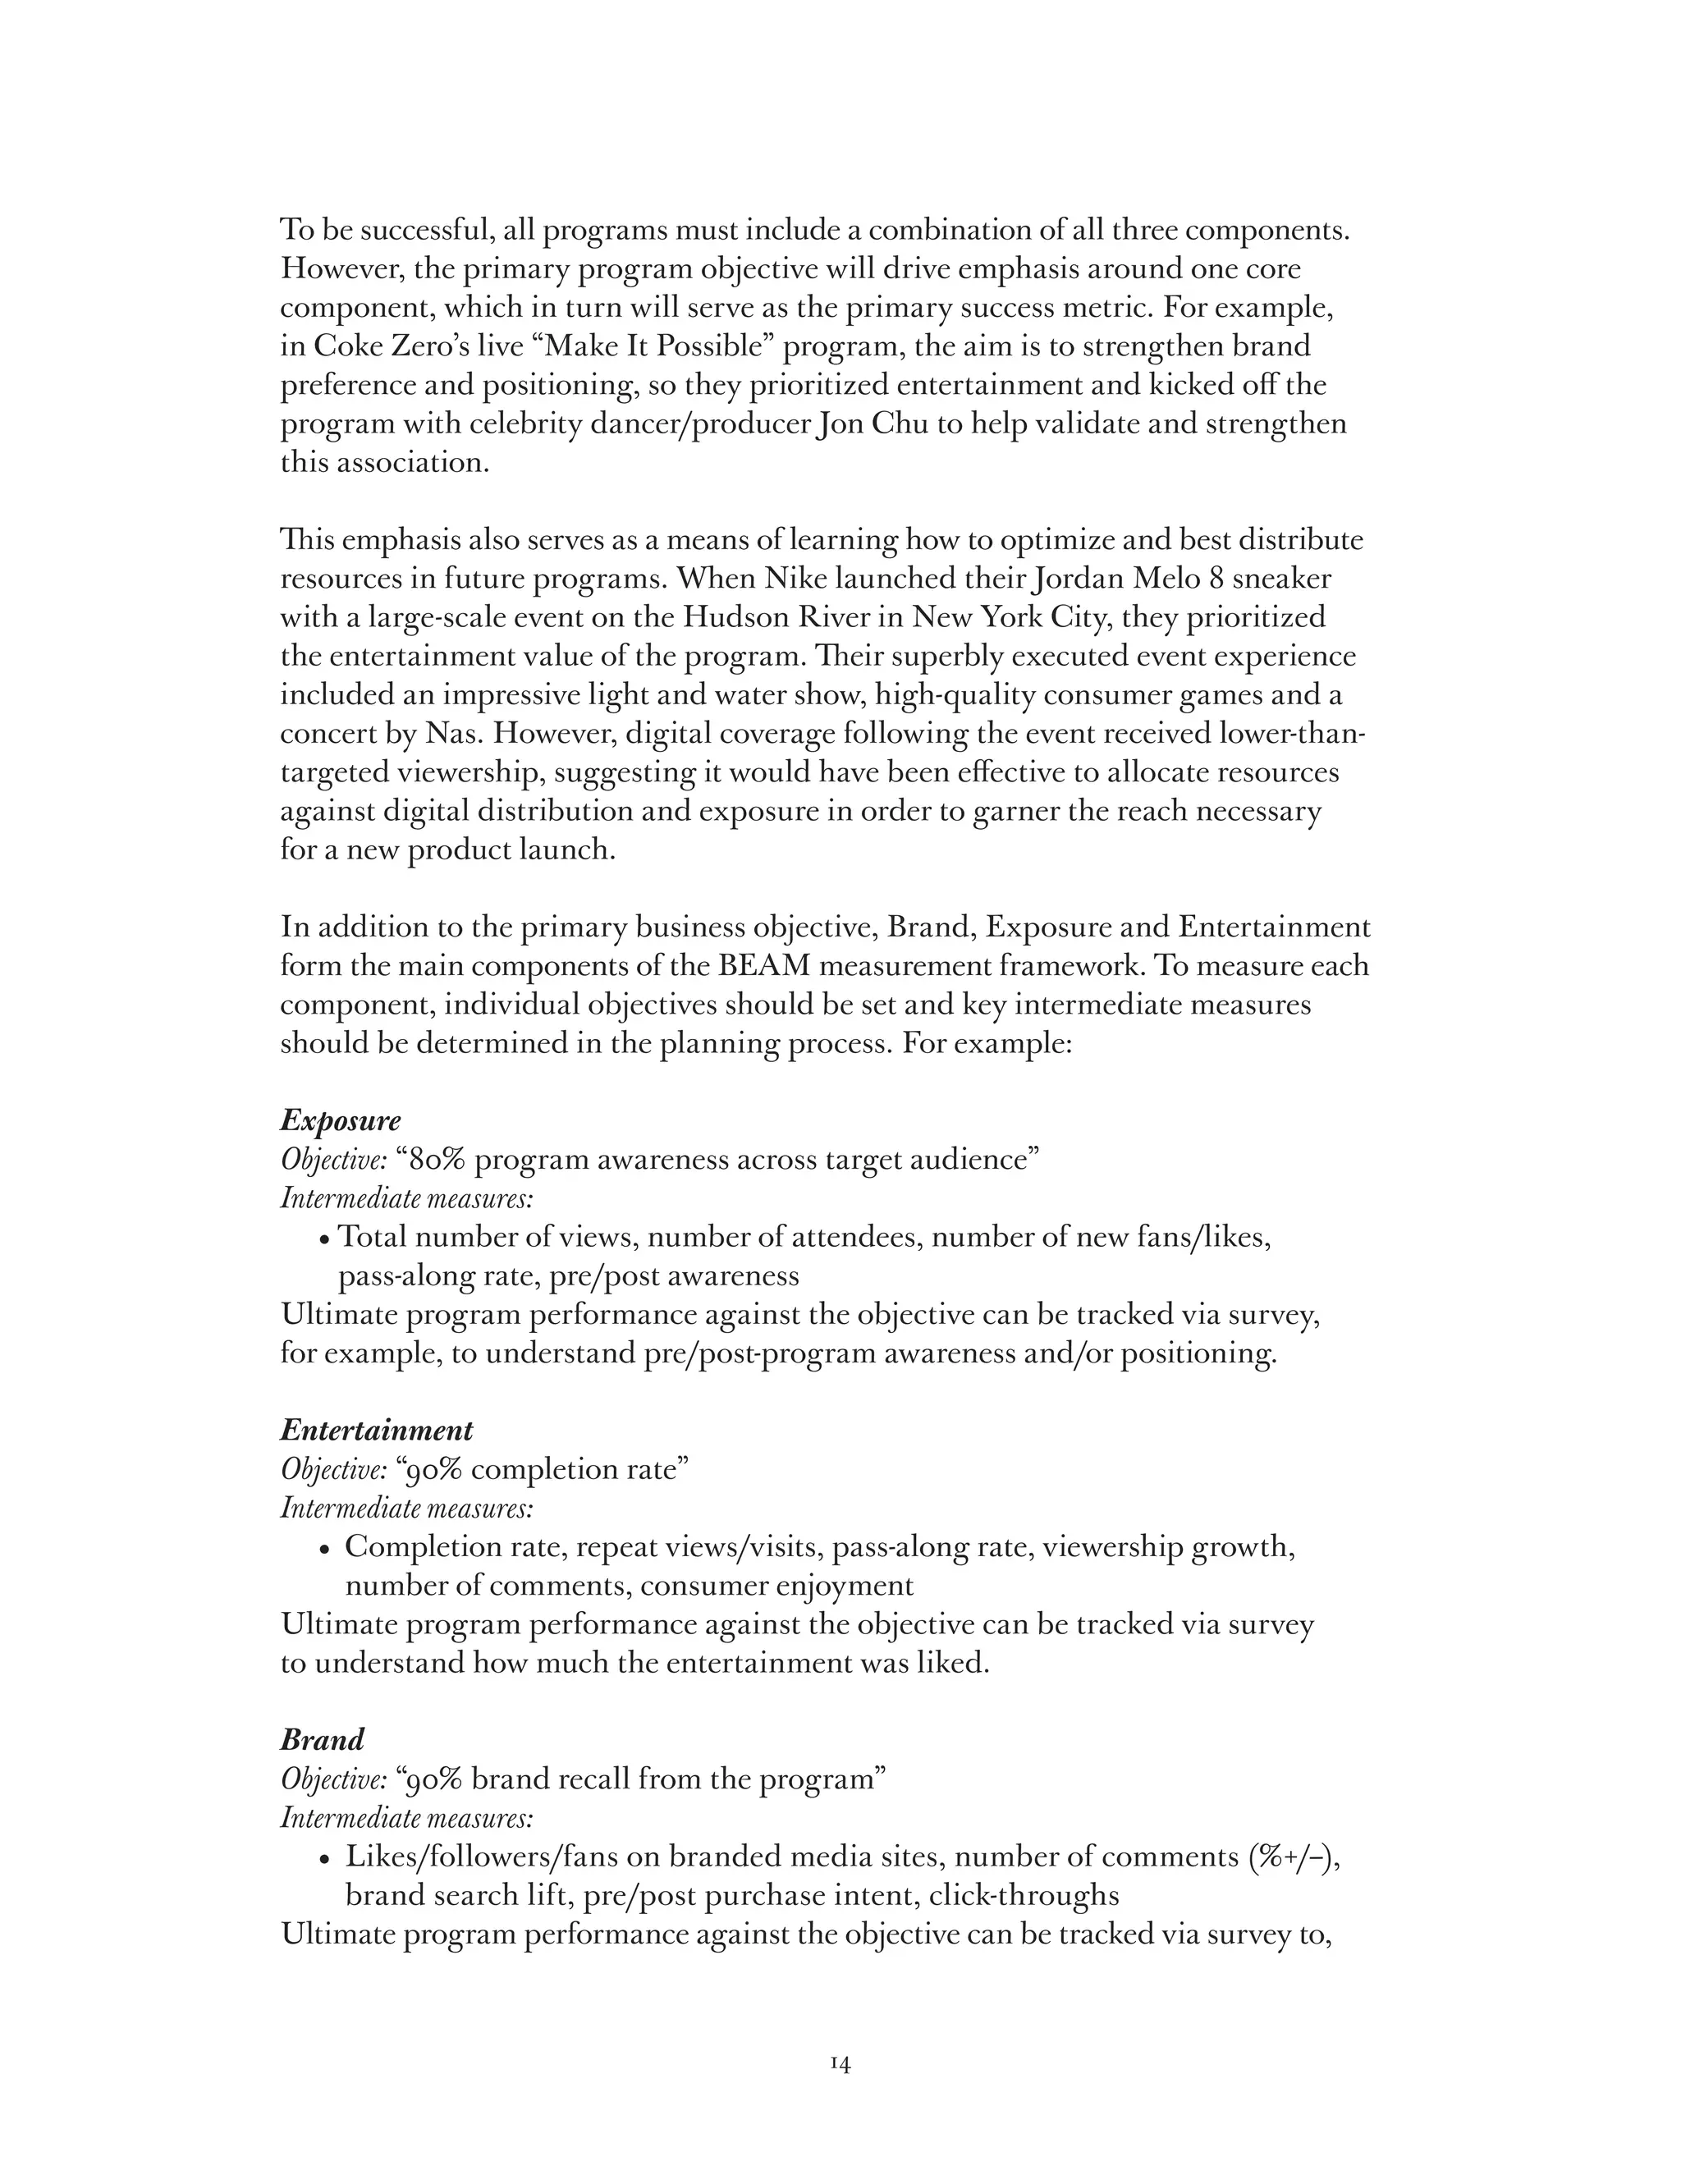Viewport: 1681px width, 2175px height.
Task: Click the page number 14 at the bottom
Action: [840, 2064]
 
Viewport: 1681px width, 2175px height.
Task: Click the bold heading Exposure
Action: [340, 1120]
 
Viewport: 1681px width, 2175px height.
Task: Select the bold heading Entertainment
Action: [377, 1430]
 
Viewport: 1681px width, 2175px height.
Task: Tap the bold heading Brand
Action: [322, 1740]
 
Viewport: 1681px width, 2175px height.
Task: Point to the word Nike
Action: [795, 579]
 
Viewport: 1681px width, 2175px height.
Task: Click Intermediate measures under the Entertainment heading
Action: [406, 1509]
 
